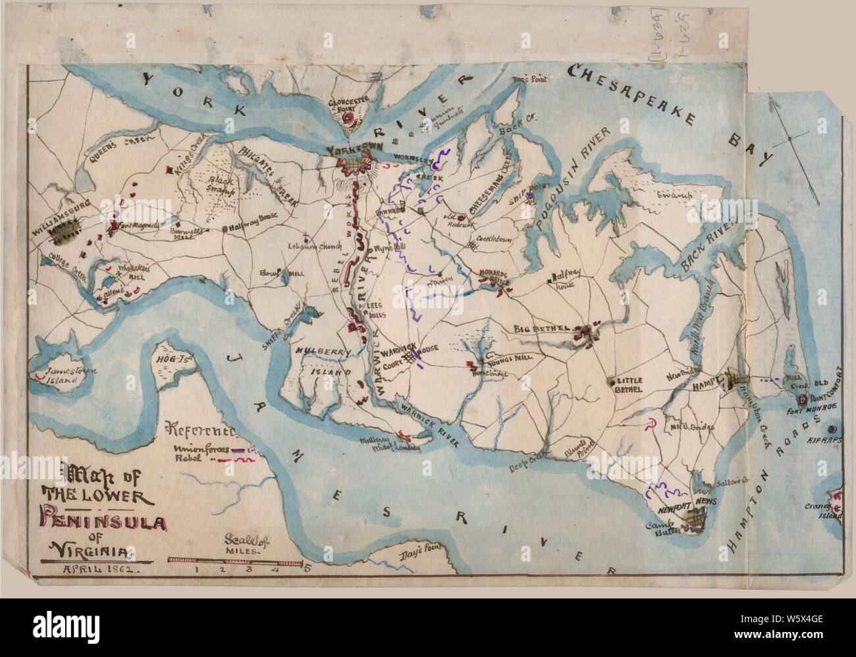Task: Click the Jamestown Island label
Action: tap(63, 375)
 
